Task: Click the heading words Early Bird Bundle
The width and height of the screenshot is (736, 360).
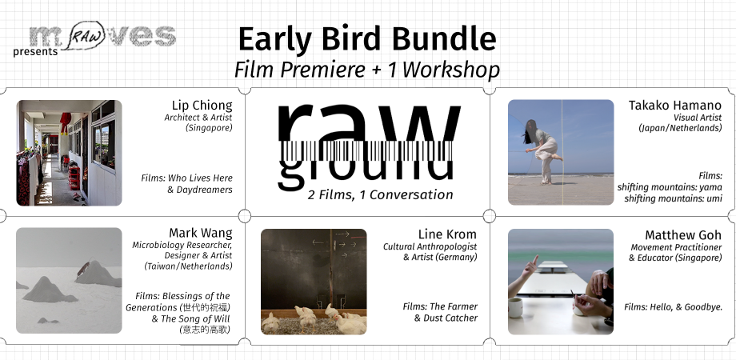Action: pyautogui.click(x=367, y=39)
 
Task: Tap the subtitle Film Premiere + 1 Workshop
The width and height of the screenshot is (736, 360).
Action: pyautogui.click(x=367, y=70)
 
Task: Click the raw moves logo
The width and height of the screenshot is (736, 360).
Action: pyautogui.click(x=102, y=36)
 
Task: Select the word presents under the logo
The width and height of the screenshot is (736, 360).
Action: pyautogui.click(x=35, y=52)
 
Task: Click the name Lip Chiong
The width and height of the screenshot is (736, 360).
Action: pyautogui.click(x=202, y=106)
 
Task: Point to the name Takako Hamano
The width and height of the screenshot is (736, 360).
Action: pyautogui.click(x=675, y=106)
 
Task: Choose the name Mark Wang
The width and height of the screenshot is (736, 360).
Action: pyautogui.click(x=200, y=234)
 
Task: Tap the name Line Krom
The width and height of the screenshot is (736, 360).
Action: pyautogui.click(x=447, y=234)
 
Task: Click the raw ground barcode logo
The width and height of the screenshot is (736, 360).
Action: pyautogui.click(x=369, y=144)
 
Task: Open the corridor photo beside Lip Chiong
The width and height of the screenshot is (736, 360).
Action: pyautogui.click(x=69, y=152)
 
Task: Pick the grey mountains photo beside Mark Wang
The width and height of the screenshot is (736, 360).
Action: pyautogui.click(x=69, y=281)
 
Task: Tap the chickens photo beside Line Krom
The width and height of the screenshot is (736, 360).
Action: pyautogui.click(x=314, y=281)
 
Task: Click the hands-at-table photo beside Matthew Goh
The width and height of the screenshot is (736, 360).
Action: pyautogui.click(x=560, y=281)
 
